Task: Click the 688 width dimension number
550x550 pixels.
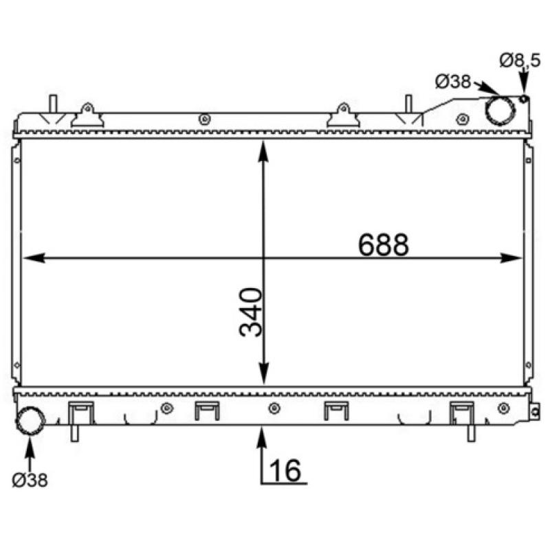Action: tap(383, 244)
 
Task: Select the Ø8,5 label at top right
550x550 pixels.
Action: tap(520, 61)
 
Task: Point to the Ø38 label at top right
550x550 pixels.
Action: tap(452, 82)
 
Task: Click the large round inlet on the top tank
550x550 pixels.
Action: tap(500, 110)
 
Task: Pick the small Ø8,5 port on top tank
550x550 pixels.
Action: tap(524, 99)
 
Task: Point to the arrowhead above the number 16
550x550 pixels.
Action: tap(262, 435)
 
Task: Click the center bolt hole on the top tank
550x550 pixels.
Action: tap(204, 120)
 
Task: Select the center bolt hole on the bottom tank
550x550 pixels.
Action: tap(274, 410)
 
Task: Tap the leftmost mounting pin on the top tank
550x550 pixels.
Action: tap(52, 105)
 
